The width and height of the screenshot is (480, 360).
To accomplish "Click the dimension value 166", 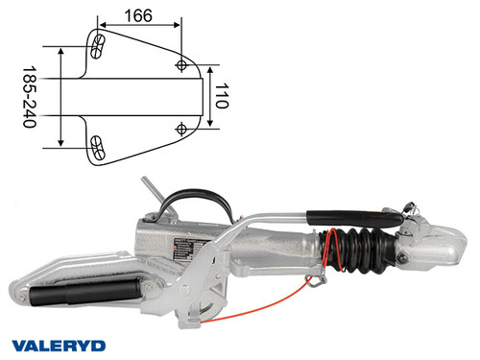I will [x=140, y=15].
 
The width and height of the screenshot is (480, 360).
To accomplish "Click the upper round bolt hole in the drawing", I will [x=182, y=64].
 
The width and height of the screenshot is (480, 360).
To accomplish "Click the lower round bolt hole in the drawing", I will [x=182, y=128].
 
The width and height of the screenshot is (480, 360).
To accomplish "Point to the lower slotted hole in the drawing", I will [x=96, y=146].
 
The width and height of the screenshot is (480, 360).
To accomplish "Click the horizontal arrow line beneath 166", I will [x=140, y=29].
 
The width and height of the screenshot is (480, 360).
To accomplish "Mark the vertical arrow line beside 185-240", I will [x=61, y=96].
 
